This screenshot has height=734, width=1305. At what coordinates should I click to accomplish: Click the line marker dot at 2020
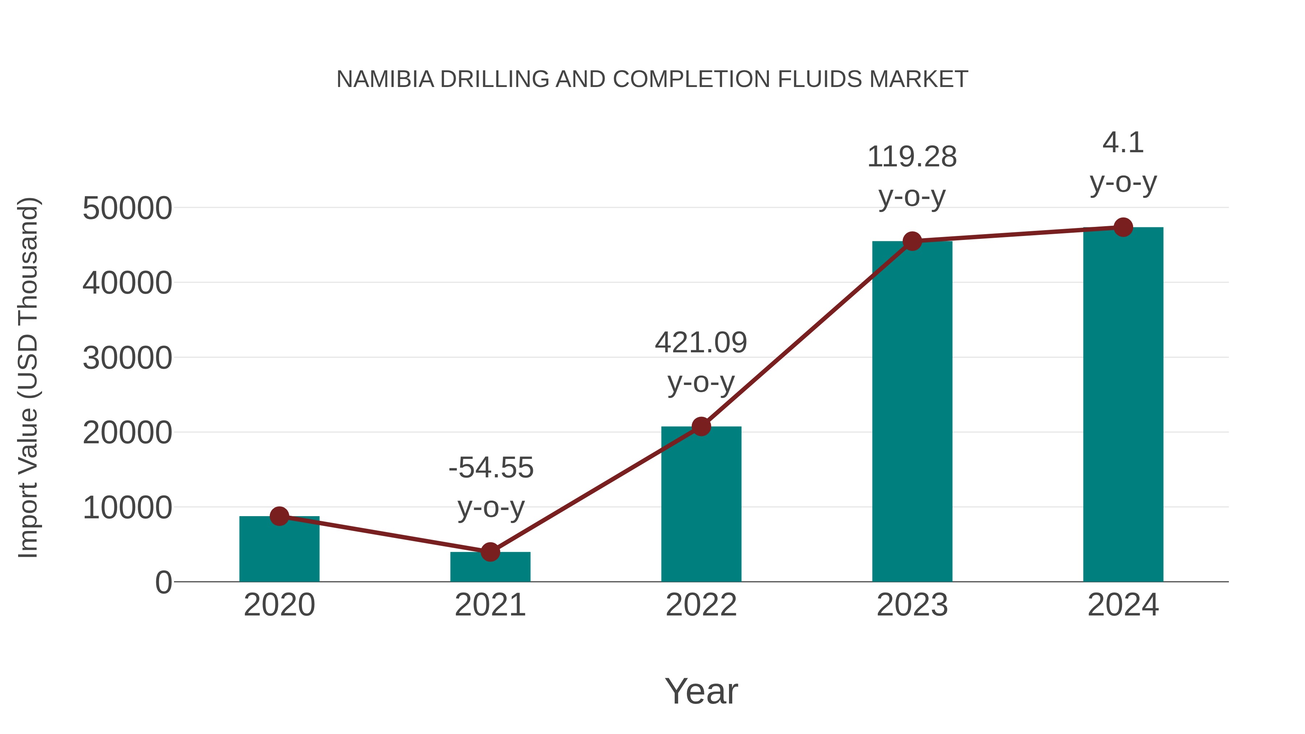[x=279, y=516]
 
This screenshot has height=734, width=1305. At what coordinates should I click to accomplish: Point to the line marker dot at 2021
[x=490, y=552]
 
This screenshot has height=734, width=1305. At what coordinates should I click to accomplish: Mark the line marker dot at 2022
[x=701, y=427]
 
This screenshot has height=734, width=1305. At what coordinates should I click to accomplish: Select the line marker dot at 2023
[x=912, y=241]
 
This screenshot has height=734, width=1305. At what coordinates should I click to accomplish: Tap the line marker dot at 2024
[x=1123, y=227]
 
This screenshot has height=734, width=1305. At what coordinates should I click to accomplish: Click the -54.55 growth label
[x=491, y=468]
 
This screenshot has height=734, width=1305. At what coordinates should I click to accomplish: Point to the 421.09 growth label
[x=701, y=343]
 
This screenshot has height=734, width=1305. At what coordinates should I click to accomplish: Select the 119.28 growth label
[x=912, y=157]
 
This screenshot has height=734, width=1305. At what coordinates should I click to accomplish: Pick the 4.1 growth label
[x=1123, y=143]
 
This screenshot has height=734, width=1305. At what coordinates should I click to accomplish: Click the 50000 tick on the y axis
[x=127, y=208]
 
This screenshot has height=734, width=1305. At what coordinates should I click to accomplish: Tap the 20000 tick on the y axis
[x=127, y=433]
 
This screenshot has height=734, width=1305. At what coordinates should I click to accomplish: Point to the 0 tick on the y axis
[x=163, y=582]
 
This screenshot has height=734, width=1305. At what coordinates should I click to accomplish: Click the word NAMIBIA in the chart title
[x=385, y=79]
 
